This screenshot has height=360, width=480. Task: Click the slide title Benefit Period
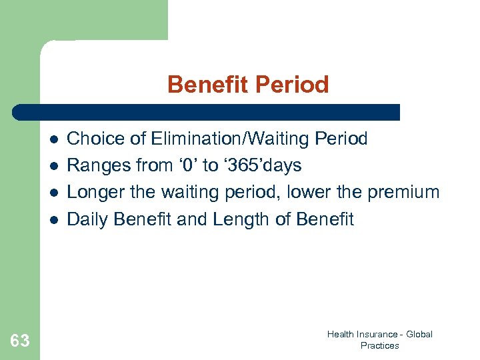[248, 85]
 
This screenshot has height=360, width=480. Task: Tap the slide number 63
[20, 341]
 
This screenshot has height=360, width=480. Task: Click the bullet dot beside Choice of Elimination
[54, 139]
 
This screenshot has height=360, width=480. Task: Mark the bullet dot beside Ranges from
[54, 166]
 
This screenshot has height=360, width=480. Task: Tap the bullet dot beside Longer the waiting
[54, 193]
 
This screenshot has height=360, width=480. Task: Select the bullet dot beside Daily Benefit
[54, 219]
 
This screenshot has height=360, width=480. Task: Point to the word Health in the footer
[340, 334]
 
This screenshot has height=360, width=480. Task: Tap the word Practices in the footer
[379, 345]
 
